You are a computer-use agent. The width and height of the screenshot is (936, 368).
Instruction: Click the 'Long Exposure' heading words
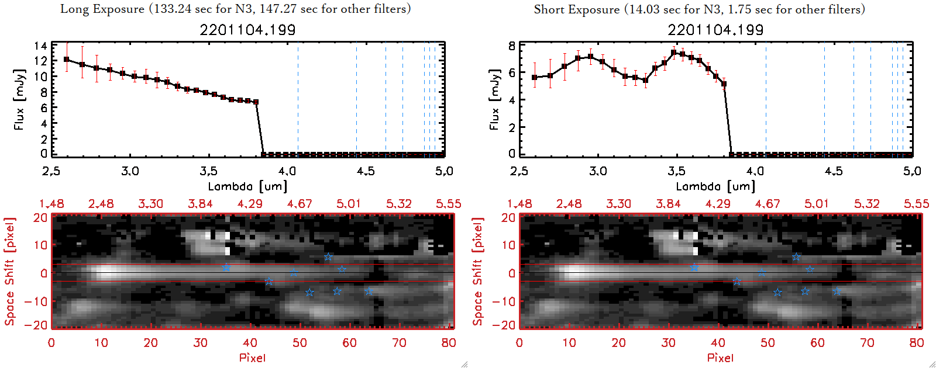coord(102,9)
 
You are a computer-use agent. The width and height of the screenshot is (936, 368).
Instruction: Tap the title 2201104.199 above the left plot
coord(247,30)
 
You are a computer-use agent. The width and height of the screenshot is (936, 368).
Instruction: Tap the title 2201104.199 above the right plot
coord(715,30)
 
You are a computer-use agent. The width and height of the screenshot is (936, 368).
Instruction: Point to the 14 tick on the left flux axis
coord(40,46)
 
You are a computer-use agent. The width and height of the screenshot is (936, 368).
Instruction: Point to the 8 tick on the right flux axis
coord(512,46)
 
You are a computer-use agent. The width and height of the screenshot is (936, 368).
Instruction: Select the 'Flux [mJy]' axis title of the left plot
coord(19,99)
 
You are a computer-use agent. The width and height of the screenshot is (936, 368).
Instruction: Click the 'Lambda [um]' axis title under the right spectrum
coord(715,186)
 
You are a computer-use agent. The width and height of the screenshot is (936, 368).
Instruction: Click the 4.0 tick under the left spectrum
coord(287,171)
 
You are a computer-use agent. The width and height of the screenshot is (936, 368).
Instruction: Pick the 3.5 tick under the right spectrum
coord(676,171)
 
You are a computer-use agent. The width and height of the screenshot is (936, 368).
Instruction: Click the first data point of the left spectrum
coord(66,60)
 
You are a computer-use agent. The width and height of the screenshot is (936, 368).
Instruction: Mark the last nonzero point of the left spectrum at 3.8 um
coord(256,102)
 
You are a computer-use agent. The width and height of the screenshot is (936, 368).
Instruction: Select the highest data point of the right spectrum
coord(674,53)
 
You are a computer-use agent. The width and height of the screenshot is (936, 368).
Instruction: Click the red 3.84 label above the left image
coord(200,204)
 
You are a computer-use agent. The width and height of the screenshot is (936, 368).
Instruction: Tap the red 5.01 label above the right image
coord(817,204)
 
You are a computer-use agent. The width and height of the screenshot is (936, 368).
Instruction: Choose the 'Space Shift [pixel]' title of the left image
coord(9,272)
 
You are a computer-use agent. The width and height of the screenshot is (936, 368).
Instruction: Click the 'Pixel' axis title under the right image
coord(720,357)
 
